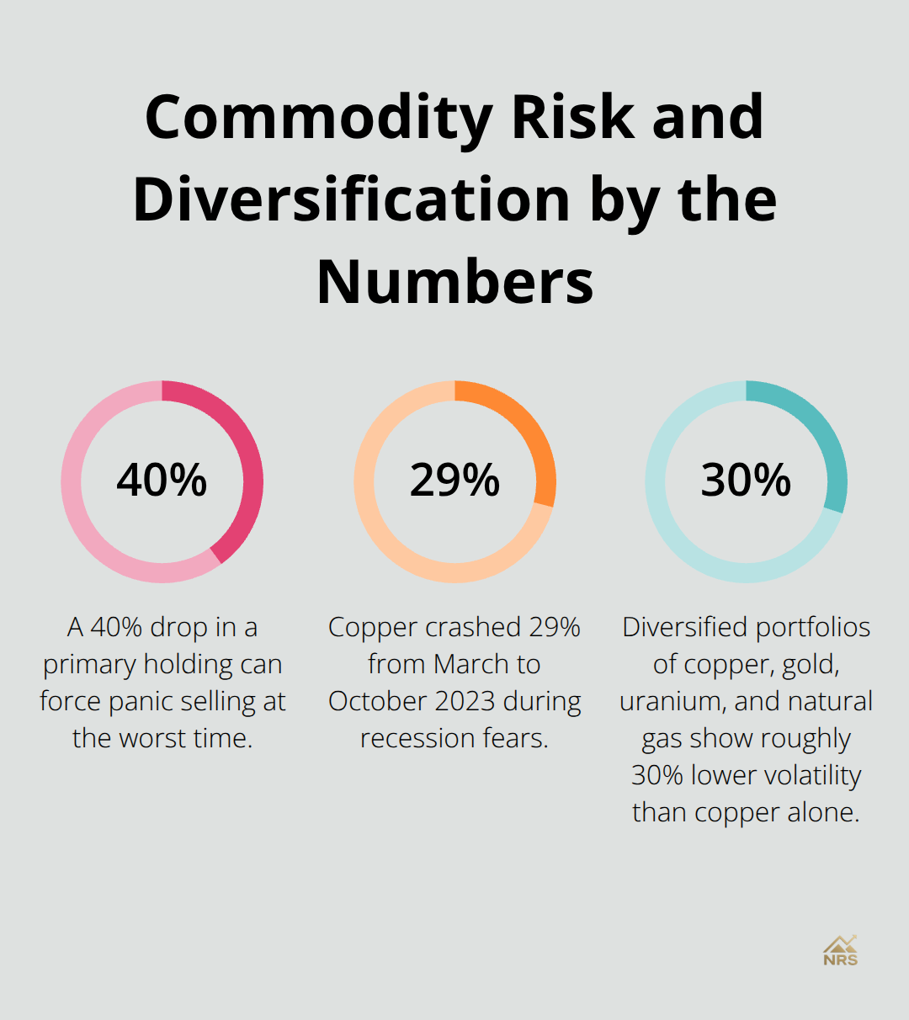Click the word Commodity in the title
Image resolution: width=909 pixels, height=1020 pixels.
pos(319,119)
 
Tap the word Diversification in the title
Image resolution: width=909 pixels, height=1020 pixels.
pos(352,200)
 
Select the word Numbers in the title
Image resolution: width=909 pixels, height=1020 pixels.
pos(454,282)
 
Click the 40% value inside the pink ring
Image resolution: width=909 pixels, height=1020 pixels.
pos(162,481)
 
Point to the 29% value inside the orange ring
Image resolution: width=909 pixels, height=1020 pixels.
pos(454,481)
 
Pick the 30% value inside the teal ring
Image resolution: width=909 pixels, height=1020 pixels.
pos(746,481)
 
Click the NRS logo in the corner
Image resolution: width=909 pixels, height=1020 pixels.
pos(840,951)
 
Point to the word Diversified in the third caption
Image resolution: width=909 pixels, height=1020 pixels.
pos(684,627)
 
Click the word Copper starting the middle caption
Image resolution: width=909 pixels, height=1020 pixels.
pos(373,627)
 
